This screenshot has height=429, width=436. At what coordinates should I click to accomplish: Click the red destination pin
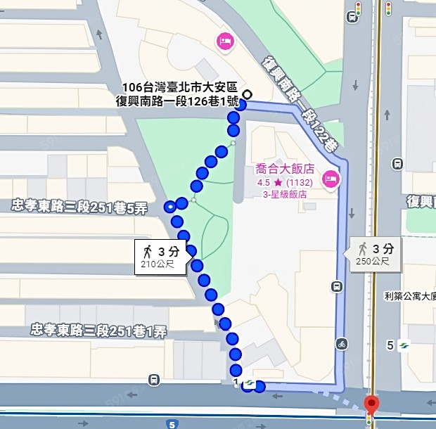pos(371,405)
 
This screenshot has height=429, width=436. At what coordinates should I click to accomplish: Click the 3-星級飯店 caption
pos(285,195)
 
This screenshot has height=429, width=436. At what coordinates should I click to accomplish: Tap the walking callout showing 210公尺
pos(161,257)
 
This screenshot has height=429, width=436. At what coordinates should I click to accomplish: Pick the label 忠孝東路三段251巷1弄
pos(98,331)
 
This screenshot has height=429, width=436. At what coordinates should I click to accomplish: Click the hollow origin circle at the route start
pos(247,94)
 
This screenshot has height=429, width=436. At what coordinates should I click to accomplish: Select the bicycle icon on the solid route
pos(342,344)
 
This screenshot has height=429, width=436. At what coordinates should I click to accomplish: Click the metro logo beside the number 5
pos(404,345)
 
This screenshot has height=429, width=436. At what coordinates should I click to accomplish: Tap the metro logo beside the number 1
pos(248,383)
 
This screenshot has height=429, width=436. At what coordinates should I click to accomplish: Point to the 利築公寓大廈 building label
pos(410,296)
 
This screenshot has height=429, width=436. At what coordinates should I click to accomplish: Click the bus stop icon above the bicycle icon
pos(338,286)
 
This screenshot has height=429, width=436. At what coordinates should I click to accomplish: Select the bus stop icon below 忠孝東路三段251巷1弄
pos(153,380)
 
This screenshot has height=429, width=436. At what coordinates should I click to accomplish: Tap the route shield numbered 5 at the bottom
pos(172,424)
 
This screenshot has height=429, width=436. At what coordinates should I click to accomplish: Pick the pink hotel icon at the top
pos(225,41)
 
